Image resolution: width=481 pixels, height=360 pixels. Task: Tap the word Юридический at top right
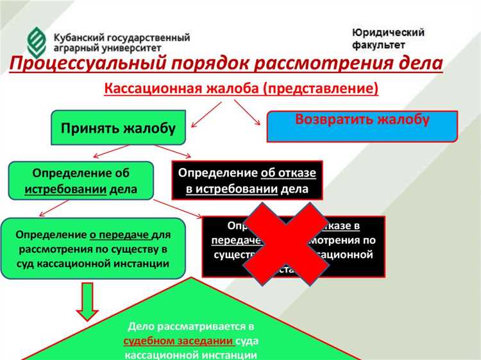coord(388,32)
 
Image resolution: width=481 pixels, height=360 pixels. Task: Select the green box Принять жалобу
coord(118,128)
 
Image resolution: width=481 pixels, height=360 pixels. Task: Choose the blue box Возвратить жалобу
coord(362,126)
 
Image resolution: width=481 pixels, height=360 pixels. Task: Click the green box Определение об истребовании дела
coord(81,180)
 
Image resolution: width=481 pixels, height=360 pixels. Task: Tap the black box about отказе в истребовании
coord(247,181)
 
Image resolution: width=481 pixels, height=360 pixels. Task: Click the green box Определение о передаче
coord(94,248)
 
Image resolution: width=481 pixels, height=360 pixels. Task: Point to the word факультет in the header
coord(378,46)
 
